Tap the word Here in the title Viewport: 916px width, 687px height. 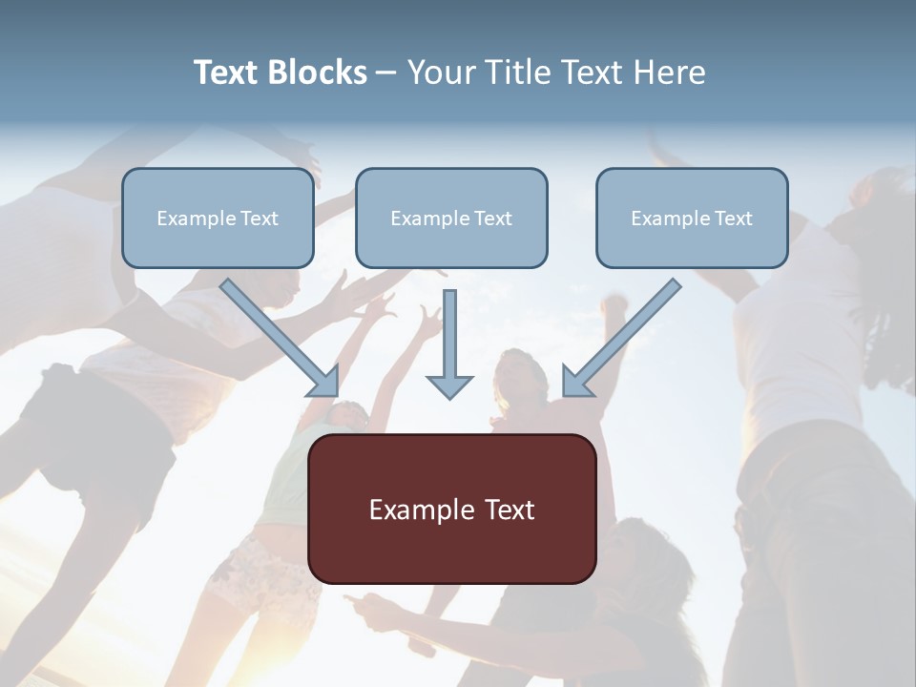pyautogui.click(x=672, y=73)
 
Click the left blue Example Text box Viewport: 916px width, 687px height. pyautogui.click(x=218, y=219)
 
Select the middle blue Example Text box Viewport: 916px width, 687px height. pyautogui.click(x=451, y=219)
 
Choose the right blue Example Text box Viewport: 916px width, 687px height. pyautogui.click(x=692, y=219)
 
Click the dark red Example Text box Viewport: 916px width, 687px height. pyautogui.click(x=452, y=510)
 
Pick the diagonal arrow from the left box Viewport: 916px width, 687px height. pyautogui.click(x=277, y=335)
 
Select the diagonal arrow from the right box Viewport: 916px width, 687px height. pyautogui.click(x=625, y=335)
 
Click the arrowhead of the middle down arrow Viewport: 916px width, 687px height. pyautogui.click(x=449, y=386)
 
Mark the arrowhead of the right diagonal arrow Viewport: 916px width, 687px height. pyautogui.click(x=575, y=383)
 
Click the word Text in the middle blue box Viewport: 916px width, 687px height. pyautogui.click(x=492, y=219)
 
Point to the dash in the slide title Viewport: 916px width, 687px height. pyautogui.click(x=386, y=73)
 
